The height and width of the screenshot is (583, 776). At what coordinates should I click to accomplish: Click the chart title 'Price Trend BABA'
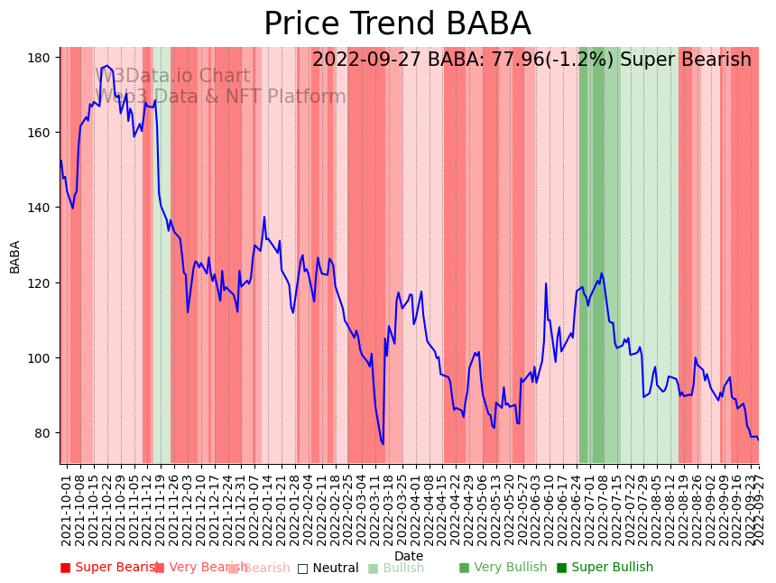(397, 24)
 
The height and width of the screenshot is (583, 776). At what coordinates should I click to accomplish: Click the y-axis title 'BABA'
(14, 256)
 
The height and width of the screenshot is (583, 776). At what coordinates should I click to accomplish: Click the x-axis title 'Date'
(409, 556)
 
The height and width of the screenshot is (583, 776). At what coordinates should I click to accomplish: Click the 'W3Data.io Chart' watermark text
(172, 76)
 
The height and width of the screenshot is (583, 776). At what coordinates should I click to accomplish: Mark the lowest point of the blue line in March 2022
(383, 444)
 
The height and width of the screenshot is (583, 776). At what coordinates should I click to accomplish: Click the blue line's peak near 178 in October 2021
(107, 66)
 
